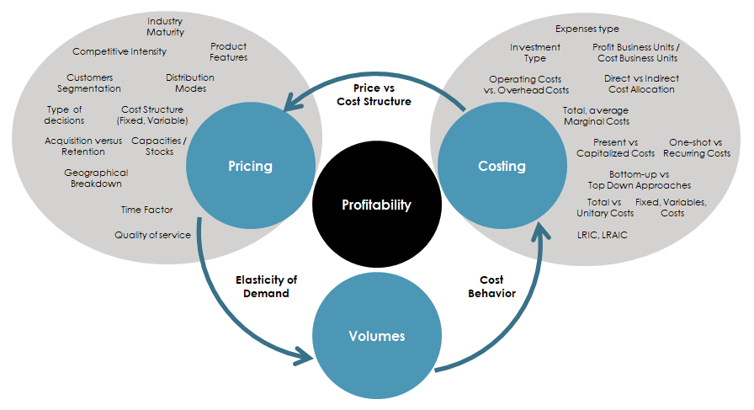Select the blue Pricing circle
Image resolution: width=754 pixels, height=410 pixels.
click(250, 166)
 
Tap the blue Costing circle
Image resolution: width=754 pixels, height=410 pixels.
click(502, 166)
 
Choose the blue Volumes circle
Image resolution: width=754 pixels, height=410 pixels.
click(376, 336)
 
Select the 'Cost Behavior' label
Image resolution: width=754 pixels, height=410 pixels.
click(491, 286)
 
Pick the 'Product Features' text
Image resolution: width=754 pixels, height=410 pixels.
click(229, 52)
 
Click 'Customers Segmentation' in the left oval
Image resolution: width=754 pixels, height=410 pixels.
click(89, 83)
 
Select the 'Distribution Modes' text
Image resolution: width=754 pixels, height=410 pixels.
click(190, 83)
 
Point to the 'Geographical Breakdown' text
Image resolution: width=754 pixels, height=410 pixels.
click(96, 178)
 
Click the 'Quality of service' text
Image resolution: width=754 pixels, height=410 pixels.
click(152, 235)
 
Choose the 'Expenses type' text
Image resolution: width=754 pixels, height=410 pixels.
click(587, 29)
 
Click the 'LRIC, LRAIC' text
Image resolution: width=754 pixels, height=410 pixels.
click(602, 235)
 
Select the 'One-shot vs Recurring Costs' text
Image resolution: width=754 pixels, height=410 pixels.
click(696, 148)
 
